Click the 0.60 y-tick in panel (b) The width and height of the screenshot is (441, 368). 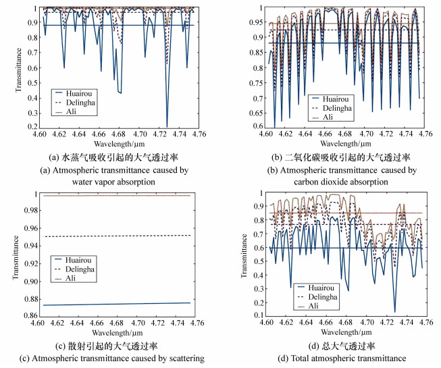point(252,126)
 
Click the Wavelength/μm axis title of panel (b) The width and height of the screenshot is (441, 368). point(345,144)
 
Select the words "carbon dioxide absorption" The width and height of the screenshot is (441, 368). point(347,182)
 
